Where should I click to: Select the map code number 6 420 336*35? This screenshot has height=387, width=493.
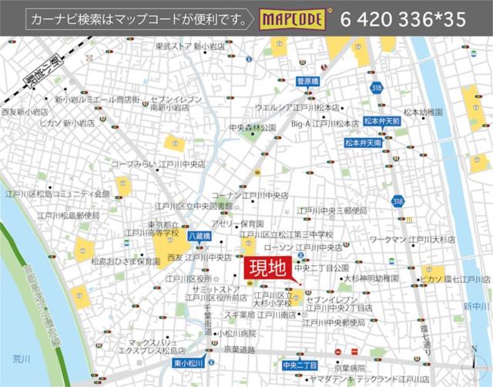click(x=402, y=19)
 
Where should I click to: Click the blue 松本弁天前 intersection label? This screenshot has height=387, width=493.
click(x=382, y=121)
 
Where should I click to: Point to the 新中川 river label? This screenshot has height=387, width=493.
click(x=475, y=307)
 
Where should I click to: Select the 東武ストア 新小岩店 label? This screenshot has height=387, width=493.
click(x=189, y=46)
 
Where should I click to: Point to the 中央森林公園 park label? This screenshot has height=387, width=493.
click(x=252, y=126)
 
